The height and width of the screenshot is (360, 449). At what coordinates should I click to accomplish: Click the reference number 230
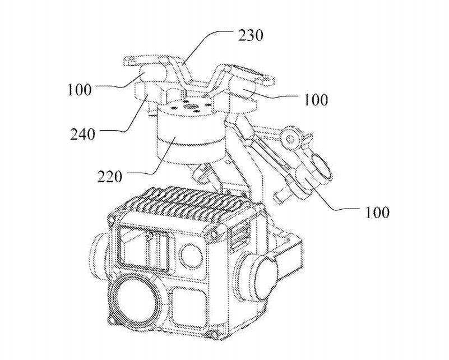pyautogui.click(x=251, y=36)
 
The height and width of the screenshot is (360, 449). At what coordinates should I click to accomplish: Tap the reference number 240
pyautogui.click(x=82, y=134)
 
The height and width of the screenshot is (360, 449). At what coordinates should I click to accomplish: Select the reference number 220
pyautogui.click(x=110, y=177)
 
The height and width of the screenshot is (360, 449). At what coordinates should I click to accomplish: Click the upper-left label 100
pyautogui.click(x=80, y=90)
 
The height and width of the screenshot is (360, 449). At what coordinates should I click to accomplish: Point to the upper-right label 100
pyautogui.click(x=316, y=100)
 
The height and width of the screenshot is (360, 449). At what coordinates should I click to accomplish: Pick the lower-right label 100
pyautogui.click(x=377, y=213)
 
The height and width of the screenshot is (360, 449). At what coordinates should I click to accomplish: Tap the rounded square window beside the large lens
pyautogui.click(x=189, y=308)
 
